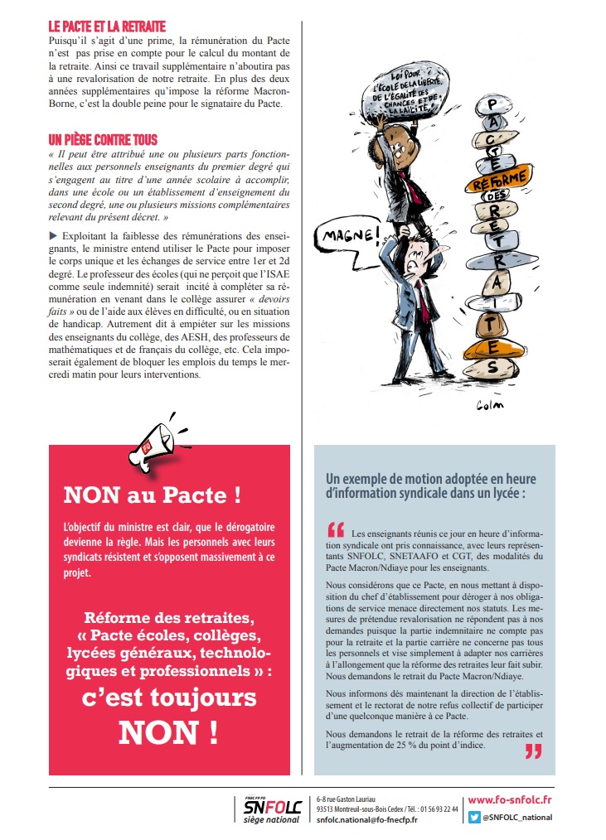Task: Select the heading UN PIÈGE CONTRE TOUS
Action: click(103, 140)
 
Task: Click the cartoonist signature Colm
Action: click(490, 404)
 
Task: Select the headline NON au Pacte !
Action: click(153, 495)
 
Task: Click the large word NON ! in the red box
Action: click(168, 732)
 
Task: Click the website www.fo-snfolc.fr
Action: click(510, 800)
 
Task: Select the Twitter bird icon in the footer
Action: click(474, 817)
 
